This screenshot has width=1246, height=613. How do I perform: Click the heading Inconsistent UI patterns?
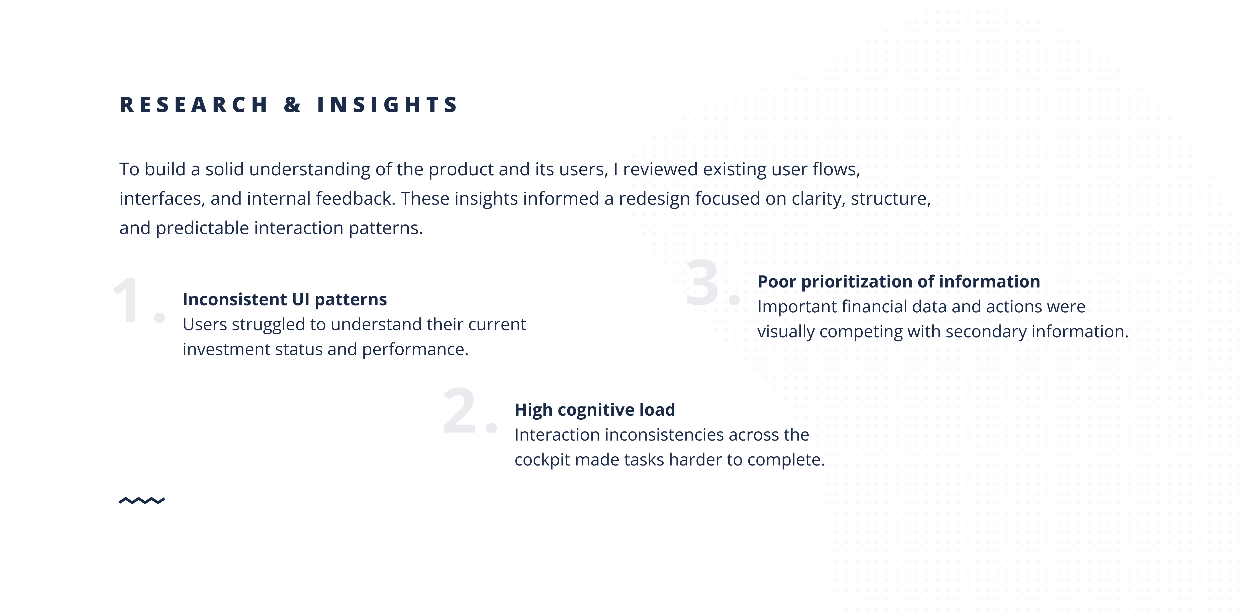click(284, 299)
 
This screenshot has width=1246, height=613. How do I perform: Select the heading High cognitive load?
click(595, 410)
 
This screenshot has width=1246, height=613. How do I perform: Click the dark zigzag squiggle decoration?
click(142, 500)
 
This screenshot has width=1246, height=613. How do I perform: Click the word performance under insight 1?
click(415, 349)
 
